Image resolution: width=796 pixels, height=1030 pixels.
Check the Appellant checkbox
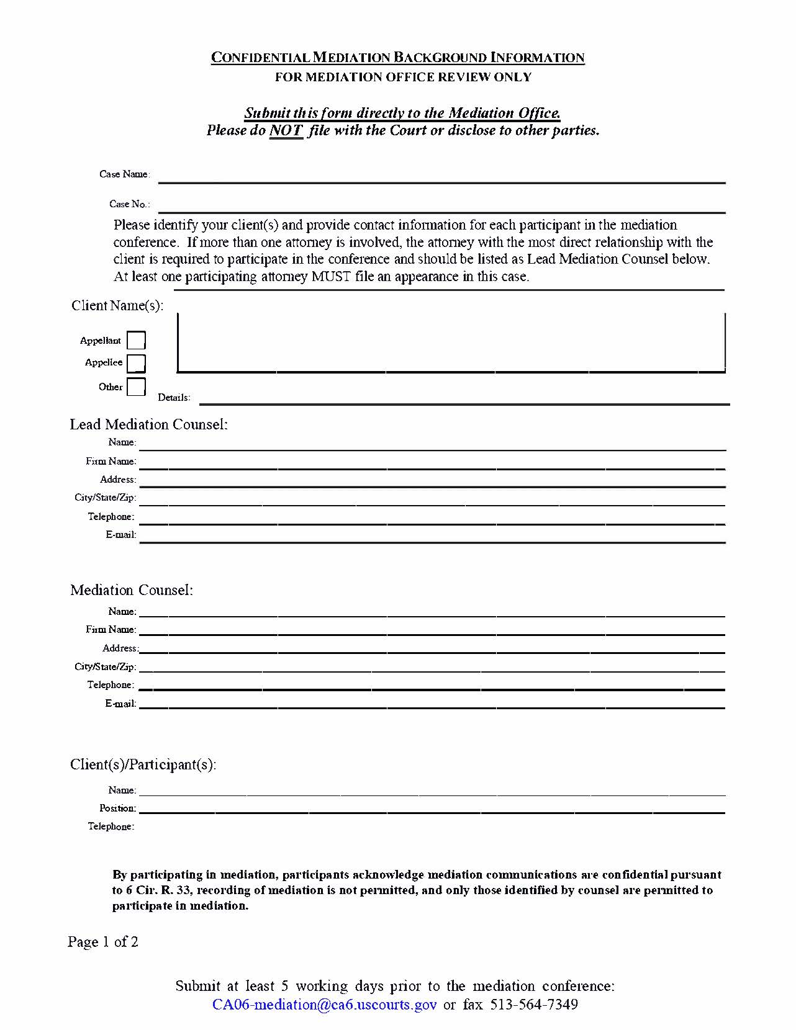click(x=136, y=341)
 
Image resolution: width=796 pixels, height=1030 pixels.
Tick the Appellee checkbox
click(x=136, y=363)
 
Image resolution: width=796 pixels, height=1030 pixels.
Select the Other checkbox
click(x=136, y=387)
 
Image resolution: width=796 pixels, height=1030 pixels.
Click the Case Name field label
click(x=124, y=174)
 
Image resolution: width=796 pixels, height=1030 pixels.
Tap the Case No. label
click(x=129, y=204)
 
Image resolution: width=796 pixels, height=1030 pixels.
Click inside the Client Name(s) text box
click(x=451, y=342)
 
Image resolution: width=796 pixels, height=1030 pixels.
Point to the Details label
click(x=174, y=398)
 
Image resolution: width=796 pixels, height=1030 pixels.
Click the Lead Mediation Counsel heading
click(x=148, y=424)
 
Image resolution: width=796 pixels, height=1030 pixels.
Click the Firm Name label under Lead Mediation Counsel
click(x=111, y=462)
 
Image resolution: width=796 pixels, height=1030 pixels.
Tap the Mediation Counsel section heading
click(x=132, y=590)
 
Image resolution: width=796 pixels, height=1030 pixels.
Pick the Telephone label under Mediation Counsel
click(x=110, y=685)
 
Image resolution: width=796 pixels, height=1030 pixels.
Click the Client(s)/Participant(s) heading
click(x=143, y=764)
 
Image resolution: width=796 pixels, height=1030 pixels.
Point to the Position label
click(x=117, y=808)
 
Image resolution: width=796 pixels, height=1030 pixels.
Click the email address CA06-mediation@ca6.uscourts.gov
click(x=324, y=1005)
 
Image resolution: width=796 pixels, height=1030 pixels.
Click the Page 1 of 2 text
click(x=103, y=942)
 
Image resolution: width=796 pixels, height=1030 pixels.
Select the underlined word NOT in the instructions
click(x=286, y=131)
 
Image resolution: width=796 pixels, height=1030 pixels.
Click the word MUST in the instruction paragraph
click(x=332, y=277)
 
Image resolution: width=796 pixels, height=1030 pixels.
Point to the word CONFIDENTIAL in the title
click(x=260, y=58)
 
